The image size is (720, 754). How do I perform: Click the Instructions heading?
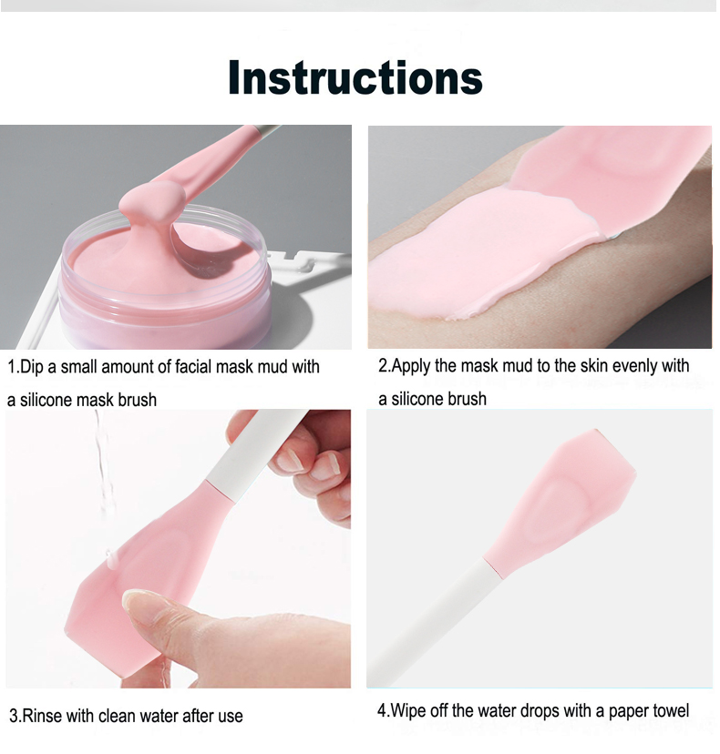click(355, 78)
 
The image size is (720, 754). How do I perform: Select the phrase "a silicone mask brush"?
click(82, 400)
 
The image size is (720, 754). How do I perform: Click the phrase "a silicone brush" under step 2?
click(432, 399)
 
